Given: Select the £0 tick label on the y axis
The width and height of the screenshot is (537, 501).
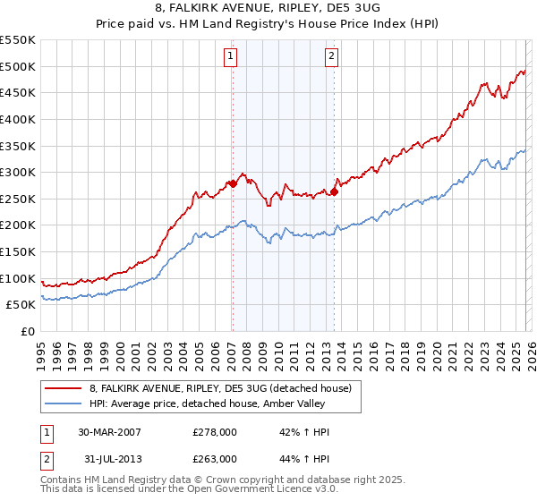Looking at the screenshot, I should pyautogui.click(x=28, y=331).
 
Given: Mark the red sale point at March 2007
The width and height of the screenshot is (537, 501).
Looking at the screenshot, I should pyautogui.click(x=233, y=183).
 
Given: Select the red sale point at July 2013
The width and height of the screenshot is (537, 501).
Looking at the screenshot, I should pyautogui.click(x=334, y=191).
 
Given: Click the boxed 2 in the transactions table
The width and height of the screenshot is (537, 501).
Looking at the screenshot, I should pyautogui.click(x=47, y=458).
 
